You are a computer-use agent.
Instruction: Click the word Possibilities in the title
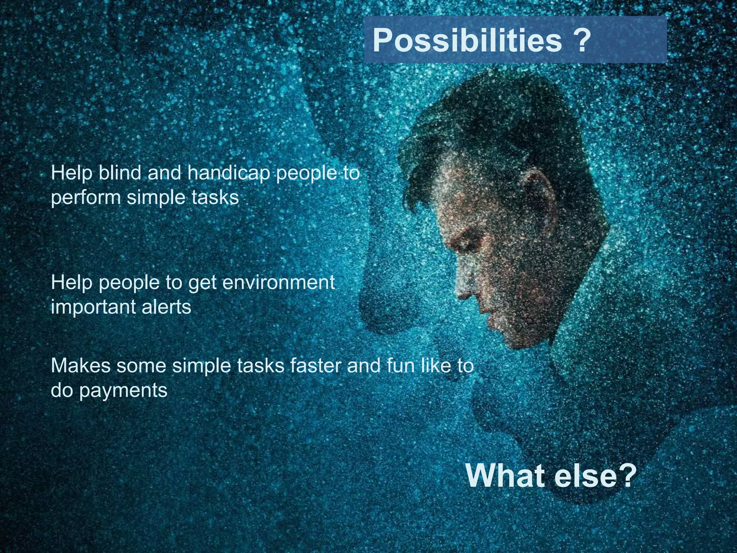(467, 40)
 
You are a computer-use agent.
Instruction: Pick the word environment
(279, 283)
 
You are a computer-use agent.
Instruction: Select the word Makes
(81, 366)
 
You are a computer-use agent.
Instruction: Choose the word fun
(401, 366)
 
